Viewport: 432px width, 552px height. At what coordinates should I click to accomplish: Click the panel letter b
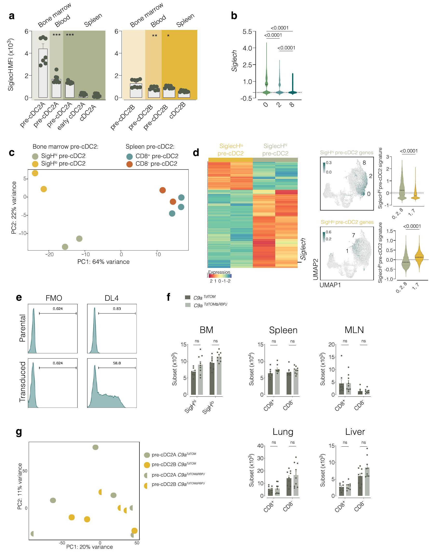pos(234,16)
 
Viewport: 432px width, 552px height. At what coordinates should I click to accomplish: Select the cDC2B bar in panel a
pos(184,94)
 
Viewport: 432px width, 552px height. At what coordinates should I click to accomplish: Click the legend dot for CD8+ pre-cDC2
pos(130,156)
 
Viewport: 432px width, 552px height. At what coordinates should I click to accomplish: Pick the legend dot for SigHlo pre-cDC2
pos(35,164)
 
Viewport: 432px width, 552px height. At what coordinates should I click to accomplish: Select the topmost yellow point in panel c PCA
pos(35,173)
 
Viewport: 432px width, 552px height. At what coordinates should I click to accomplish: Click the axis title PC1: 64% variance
pos(103,262)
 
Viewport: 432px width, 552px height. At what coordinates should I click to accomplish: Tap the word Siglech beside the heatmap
pos(303,249)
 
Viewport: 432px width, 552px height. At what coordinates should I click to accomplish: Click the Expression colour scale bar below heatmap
pos(219,276)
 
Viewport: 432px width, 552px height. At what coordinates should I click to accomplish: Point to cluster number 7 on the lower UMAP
pos(353,235)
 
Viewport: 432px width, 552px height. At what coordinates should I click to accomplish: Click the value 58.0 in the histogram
pos(117,363)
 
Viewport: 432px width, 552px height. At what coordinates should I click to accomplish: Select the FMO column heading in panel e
pos(54,298)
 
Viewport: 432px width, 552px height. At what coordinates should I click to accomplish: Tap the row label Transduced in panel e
pos(23,382)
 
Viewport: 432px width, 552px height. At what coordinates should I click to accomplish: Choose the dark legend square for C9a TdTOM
pos(188,297)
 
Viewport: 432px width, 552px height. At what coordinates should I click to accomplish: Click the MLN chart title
pos(354,330)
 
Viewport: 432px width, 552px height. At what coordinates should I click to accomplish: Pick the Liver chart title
pos(355,432)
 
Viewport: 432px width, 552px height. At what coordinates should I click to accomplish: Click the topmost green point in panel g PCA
pos(95,447)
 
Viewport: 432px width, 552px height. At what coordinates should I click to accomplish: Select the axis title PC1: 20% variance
pos(89,547)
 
